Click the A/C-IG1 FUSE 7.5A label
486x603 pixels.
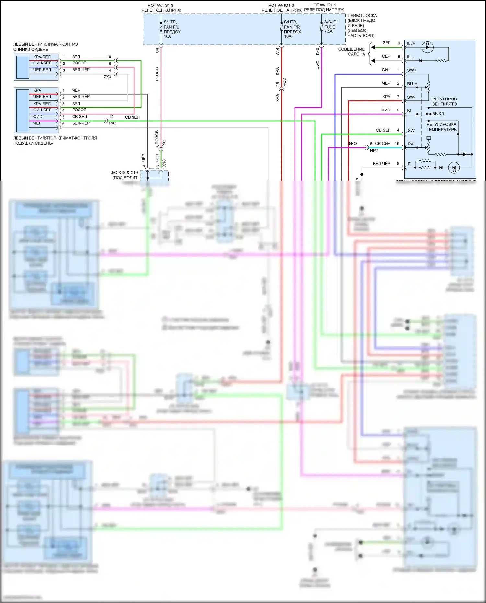pos(331,27)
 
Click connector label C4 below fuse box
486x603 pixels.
pos(157,51)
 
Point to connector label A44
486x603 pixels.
pos(278,51)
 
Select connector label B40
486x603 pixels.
pos(318,51)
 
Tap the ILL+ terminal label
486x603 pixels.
pos(411,43)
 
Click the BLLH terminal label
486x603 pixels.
pos(412,84)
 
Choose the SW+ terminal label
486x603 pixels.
pos(411,70)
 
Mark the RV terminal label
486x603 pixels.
pos(411,144)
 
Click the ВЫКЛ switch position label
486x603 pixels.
pos(438,114)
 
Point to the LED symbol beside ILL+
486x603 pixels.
pos(428,47)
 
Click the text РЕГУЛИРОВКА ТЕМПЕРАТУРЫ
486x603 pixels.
pos(442,127)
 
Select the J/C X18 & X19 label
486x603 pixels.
pos(124,175)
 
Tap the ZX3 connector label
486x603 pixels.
pos(107,77)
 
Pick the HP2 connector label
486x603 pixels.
pos(374,151)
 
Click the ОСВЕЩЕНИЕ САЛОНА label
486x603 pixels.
pos(352,52)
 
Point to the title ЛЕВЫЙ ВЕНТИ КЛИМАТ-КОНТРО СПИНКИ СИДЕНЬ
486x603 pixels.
pos(45,47)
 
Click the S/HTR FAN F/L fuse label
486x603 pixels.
pos(172,29)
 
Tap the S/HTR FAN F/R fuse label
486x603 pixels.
pos(292,29)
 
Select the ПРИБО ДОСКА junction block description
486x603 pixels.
pos(362,25)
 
